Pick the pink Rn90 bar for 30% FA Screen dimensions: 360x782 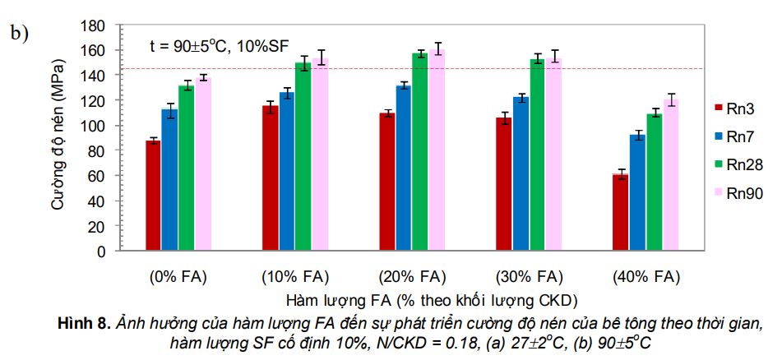[x=553, y=153]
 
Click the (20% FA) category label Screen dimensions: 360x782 [x=412, y=275]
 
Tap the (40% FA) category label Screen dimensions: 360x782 [x=646, y=275]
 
